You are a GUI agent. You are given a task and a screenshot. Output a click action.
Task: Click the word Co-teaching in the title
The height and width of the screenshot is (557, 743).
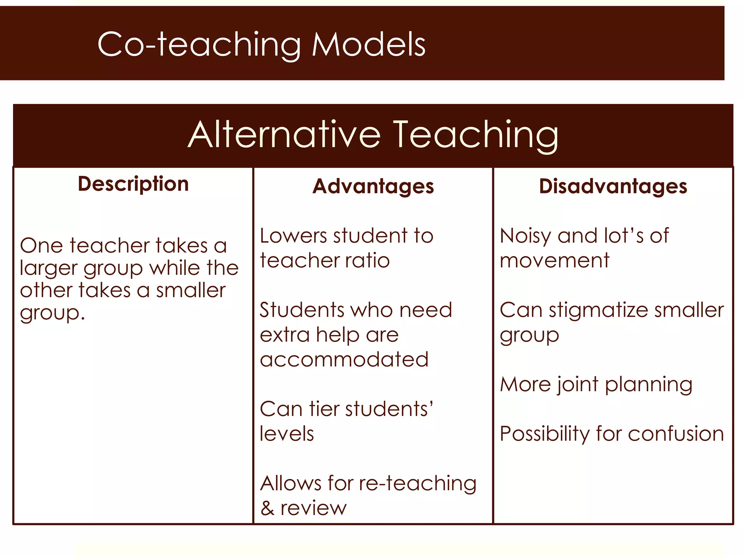coord(199,45)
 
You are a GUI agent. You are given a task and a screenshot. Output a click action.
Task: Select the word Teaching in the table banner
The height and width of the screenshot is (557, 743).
coord(476,135)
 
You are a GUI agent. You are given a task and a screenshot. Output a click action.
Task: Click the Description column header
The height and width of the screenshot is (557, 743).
coord(133,184)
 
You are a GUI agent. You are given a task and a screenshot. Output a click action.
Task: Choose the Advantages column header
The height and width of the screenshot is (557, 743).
coord(373,186)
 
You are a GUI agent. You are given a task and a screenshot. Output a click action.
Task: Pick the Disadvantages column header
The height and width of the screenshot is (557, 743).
coord(613,186)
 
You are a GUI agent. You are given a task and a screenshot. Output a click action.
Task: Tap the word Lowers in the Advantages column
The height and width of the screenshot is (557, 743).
coord(294,236)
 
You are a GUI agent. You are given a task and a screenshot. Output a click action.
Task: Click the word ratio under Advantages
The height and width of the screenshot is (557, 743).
coord(367,260)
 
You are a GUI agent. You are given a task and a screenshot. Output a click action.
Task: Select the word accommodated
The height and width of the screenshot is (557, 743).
coord(344,359)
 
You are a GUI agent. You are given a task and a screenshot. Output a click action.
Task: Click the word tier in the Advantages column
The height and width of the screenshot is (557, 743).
coord(324,409)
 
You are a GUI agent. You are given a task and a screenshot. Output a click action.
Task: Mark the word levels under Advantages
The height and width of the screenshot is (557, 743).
coord(287,434)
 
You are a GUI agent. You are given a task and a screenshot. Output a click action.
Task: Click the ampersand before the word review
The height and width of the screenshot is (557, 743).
coord(267,508)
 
